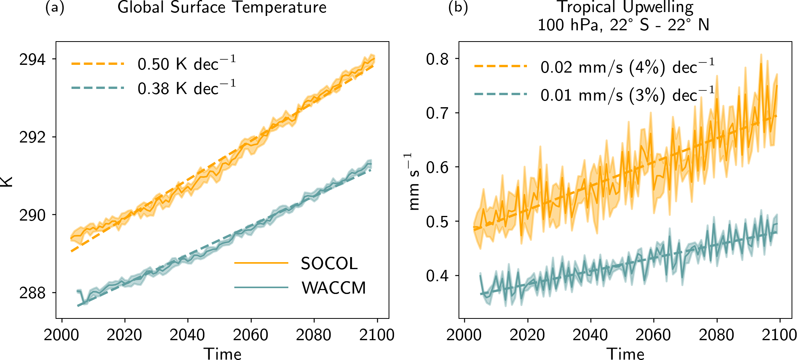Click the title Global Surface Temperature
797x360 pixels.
(222, 7)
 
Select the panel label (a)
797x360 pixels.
(55, 8)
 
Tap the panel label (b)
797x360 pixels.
(458, 8)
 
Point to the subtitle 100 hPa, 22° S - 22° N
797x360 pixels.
(624, 25)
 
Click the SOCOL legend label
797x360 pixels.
(329, 264)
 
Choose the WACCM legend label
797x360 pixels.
(333, 288)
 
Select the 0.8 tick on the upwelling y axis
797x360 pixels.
(437, 59)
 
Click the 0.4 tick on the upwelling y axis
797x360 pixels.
(437, 276)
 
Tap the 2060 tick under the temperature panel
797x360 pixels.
(251, 335)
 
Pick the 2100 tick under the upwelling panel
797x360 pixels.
(779, 335)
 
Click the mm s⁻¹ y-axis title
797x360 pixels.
(415, 182)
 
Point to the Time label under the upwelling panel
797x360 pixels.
(626, 353)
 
